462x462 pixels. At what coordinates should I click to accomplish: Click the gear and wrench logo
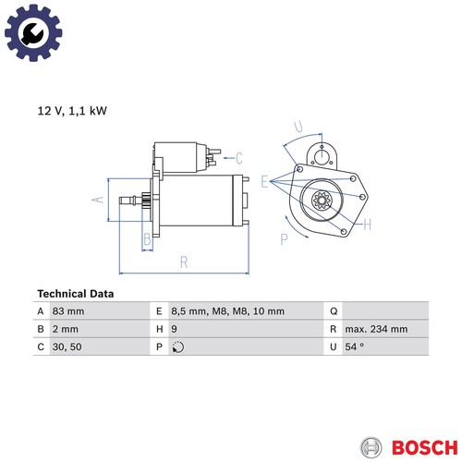pos(33,32)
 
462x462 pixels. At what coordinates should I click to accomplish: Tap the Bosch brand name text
pos(424,447)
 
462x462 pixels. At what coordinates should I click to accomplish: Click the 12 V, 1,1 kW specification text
pos(72,111)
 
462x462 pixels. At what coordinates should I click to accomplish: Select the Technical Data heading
pos(76,294)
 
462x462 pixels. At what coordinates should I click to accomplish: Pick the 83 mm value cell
pos(68,311)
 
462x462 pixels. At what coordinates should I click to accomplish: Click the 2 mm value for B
pos(66,329)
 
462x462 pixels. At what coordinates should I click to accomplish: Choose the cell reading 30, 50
pos(67,346)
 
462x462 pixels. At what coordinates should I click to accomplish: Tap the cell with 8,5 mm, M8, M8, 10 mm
pos(227,311)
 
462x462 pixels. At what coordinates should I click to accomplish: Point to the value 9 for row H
pos(174,329)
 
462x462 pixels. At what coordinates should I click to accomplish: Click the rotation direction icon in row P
pos(178,347)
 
